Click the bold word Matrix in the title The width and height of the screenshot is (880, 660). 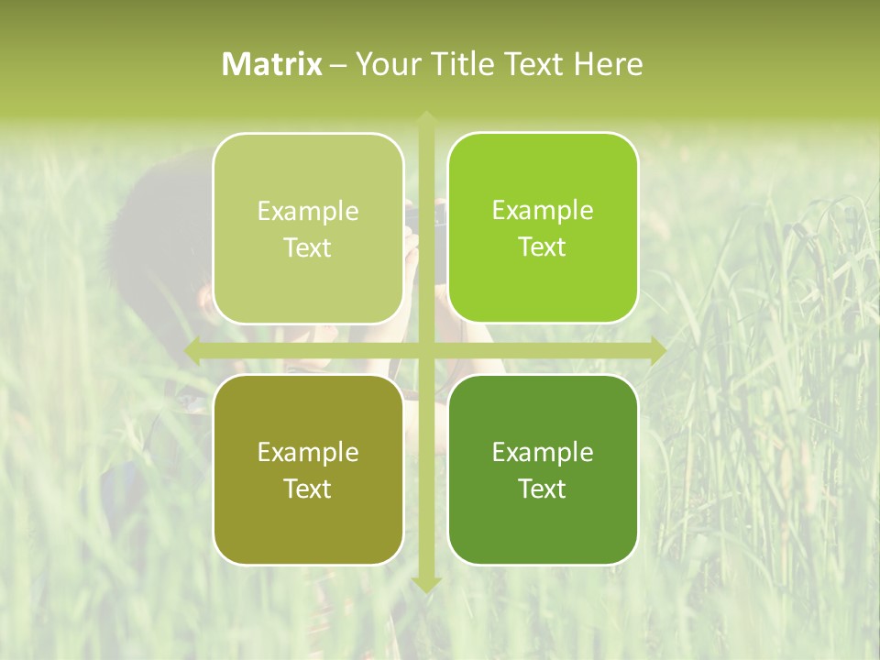point(272,64)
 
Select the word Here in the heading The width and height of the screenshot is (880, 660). point(608,64)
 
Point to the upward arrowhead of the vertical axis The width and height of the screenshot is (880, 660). point(425,117)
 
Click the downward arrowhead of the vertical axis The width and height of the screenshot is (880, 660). point(425,584)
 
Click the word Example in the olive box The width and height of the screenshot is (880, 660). point(308,452)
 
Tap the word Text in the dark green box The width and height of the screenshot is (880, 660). point(543,489)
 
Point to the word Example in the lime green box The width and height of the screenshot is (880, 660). point(543,210)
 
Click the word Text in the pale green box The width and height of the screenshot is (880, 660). point(308,247)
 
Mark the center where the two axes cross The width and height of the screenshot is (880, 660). point(425,350)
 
